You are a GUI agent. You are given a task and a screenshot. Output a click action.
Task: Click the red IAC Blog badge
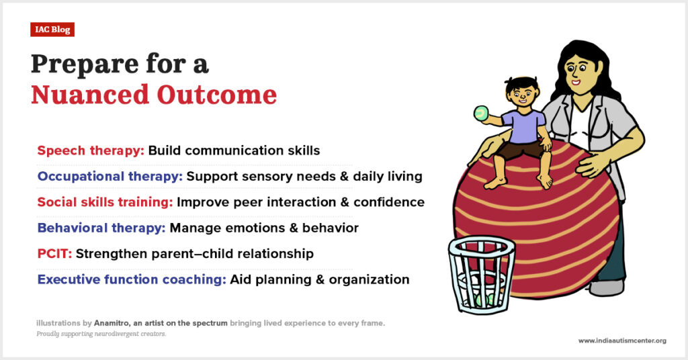click(x=52, y=30)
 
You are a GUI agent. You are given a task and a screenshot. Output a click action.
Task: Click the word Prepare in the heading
click(x=85, y=64)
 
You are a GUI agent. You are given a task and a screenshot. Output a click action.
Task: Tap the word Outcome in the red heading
click(x=217, y=94)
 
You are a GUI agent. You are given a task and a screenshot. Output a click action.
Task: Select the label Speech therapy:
click(x=91, y=150)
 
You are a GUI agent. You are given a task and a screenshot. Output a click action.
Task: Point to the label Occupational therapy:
click(x=110, y=176)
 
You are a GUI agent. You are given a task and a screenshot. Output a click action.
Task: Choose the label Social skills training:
click(x=105, y=202)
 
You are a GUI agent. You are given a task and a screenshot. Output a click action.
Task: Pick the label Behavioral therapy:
click(x=101, y=228)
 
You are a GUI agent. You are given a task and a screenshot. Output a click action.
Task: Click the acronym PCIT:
click(x=54, y=253)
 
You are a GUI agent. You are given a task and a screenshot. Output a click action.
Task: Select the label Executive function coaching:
click(x=132, y=279)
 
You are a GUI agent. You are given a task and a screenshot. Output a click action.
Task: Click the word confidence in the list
click(x=389, y=202)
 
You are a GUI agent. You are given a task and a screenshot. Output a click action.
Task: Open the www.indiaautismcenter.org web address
click(x=621, y=341)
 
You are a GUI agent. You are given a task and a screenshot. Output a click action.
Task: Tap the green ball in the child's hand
click(x=481, y=113)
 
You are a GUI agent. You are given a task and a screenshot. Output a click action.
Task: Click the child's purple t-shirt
click(x=523, y=127)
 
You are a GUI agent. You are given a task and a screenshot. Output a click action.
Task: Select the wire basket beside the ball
click(x=482, y=275)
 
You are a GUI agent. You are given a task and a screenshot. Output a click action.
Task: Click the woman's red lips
click(x=576, y=83)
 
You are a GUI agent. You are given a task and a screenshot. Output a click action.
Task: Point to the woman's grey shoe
click(x=607, y=287)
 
